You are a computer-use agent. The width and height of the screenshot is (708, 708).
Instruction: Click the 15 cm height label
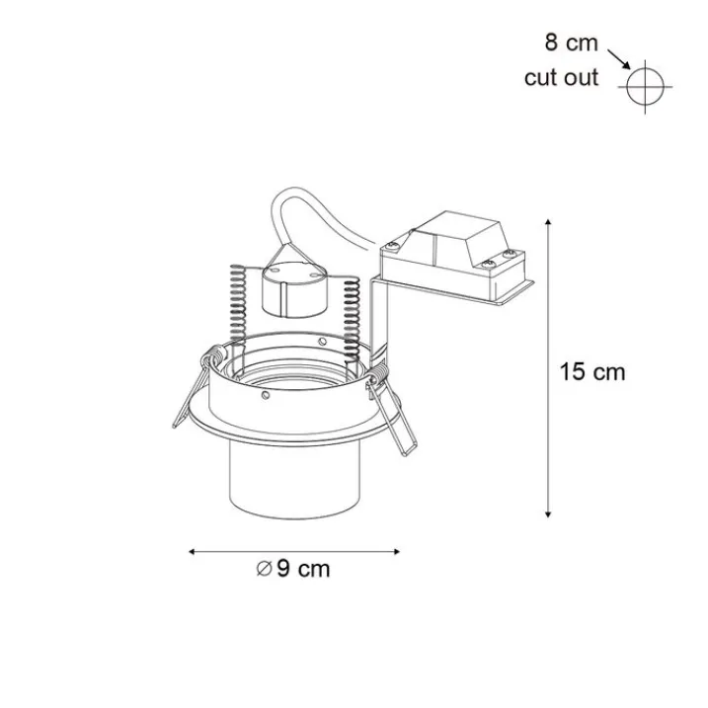(592, 372)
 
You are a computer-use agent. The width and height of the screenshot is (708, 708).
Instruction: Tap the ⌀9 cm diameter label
(293, 569)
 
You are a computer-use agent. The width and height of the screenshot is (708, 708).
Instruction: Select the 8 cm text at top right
(571, 42)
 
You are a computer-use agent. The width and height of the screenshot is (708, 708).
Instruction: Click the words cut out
(561, 78)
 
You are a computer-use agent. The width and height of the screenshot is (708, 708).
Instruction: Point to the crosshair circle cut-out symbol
(645, 86)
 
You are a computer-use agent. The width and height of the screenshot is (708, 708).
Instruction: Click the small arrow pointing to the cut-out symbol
(619, 59)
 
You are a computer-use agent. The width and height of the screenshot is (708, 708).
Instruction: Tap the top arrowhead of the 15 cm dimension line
(548, 222)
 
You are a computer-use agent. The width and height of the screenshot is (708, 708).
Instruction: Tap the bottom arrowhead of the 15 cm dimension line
(548, 514)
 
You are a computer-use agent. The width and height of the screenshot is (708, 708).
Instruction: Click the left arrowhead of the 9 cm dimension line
(192, 551)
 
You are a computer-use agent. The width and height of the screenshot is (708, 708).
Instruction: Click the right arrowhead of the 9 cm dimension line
(397, 551)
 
